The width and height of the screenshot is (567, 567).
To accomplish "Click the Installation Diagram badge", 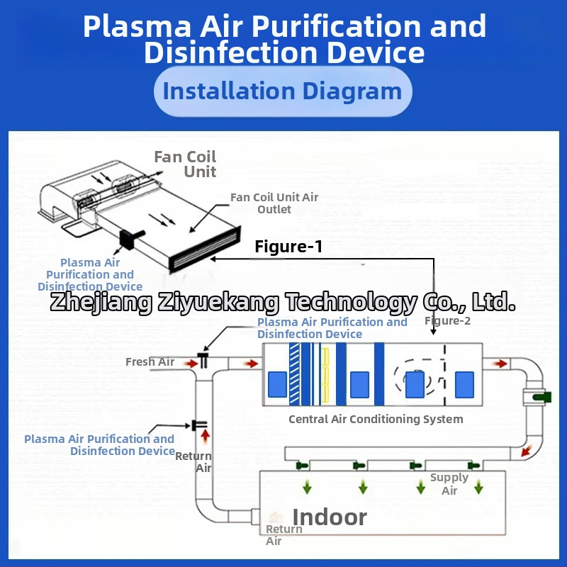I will [282, 91].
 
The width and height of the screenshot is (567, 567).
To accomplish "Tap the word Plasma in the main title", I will [137, 27].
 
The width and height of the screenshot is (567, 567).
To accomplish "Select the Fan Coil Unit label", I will [186, 164].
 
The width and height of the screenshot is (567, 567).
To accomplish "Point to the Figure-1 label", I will [288, 247].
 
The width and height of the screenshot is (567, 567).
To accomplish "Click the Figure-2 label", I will [447, 320].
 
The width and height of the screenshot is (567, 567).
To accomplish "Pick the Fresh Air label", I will [150, 362].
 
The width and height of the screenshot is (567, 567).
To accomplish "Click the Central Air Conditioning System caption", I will [376, 419].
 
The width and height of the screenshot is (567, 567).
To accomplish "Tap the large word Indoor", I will [330, 517].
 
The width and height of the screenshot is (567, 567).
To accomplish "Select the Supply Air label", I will [449, 484].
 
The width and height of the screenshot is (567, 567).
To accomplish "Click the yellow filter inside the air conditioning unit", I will [326, 374].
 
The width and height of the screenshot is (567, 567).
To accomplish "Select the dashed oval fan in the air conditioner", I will [414, 382].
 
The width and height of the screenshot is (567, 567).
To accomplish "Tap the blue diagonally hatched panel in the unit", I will [294, 374].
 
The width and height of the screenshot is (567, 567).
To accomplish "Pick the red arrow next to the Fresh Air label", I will [189, 363].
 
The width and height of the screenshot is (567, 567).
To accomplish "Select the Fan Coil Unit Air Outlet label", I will [274, 203].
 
